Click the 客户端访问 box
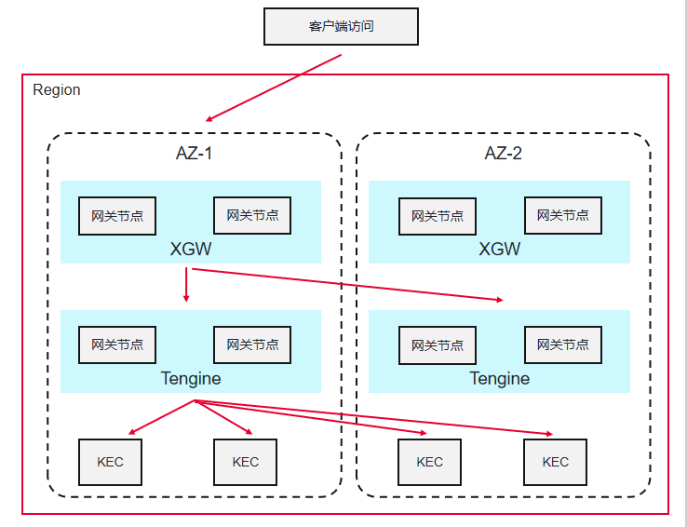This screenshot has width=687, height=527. (341, 26)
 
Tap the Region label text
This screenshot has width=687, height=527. (57, 90)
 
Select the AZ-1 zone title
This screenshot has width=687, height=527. (195, 154)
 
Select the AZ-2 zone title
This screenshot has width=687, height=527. (503, 154)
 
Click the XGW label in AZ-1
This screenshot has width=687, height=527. (191, 250)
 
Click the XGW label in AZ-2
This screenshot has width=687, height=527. (499, 250)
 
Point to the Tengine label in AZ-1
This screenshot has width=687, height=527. (191, 378)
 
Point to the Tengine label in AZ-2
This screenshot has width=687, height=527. (499, 378)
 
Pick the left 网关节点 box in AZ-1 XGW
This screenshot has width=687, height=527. (117, 215)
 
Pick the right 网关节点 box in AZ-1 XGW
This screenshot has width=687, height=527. (252, 215)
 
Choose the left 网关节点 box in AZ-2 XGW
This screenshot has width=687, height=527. (438, 216)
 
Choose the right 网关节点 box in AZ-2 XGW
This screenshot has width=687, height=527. (562, 215)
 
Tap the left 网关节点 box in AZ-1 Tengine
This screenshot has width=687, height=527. (117, 345)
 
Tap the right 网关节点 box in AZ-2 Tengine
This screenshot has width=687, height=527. (562, 345)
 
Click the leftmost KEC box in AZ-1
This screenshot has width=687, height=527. (110, 462)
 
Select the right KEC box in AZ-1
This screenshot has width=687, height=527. (246, 462)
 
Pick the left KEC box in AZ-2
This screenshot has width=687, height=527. (429, 462)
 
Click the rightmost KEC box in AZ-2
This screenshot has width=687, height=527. (555, 462)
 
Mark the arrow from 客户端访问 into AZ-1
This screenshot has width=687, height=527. (274, 88)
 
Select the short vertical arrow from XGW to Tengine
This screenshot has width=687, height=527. (186, 285)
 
